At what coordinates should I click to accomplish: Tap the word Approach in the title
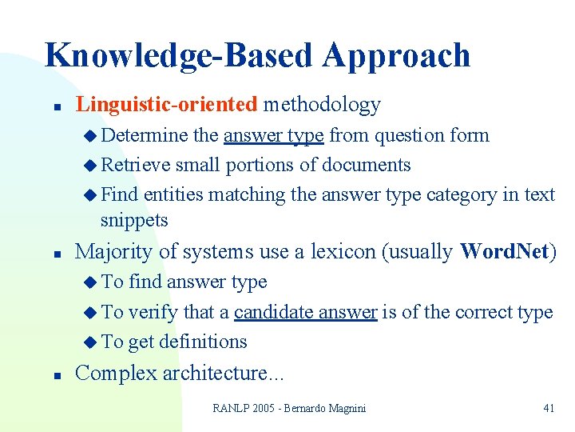(397, 56)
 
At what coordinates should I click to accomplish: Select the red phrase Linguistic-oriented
(166, 104)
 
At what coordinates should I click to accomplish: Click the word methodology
(322, 104)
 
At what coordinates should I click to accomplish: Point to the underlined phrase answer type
(273, 135)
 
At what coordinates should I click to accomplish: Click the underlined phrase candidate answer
(305, 311)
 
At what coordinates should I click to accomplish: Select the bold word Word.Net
(504, 251)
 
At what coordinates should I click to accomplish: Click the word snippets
(134, 220)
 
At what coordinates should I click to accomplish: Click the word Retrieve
(136, 165)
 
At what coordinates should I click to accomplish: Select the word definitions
(203, 342)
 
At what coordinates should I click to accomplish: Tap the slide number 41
(549, 408)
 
